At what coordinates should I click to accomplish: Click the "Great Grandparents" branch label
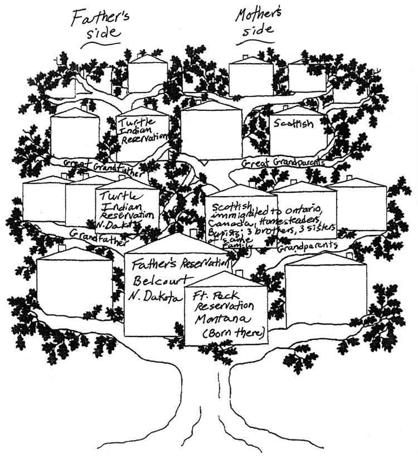tap(284, 163)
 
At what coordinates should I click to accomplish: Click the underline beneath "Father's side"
tap(100, 45)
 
